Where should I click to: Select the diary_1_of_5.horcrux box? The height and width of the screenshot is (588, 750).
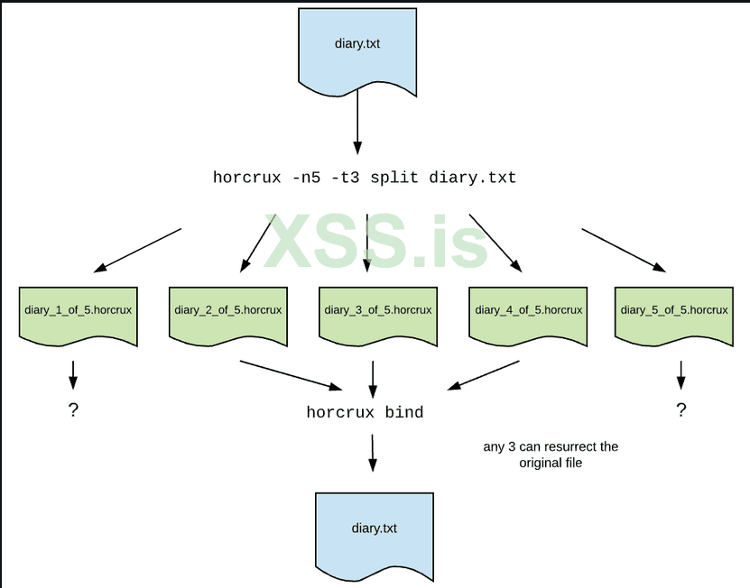[78, 313]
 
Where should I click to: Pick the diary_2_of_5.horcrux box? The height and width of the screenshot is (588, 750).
[227, 313]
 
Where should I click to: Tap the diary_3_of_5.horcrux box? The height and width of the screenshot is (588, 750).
[377, 313]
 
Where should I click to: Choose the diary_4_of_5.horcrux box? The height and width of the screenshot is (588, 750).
[528, 313]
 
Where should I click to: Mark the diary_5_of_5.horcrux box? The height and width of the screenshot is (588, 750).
[673, 313]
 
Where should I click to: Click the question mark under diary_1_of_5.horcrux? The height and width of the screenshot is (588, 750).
[73, 410]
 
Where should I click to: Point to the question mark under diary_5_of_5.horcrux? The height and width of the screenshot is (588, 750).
[681, 410]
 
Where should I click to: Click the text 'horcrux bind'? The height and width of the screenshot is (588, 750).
[365, 413]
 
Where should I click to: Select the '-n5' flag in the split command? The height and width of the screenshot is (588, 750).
[307, 178]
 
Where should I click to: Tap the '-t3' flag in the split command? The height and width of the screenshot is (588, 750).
[352, 178]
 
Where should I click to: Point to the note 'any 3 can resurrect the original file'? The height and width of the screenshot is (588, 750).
[550, 455]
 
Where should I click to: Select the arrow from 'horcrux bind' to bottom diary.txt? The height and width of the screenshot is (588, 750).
[371, 453]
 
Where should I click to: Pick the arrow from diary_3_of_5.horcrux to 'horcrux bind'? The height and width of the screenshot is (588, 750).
[373, 379]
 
